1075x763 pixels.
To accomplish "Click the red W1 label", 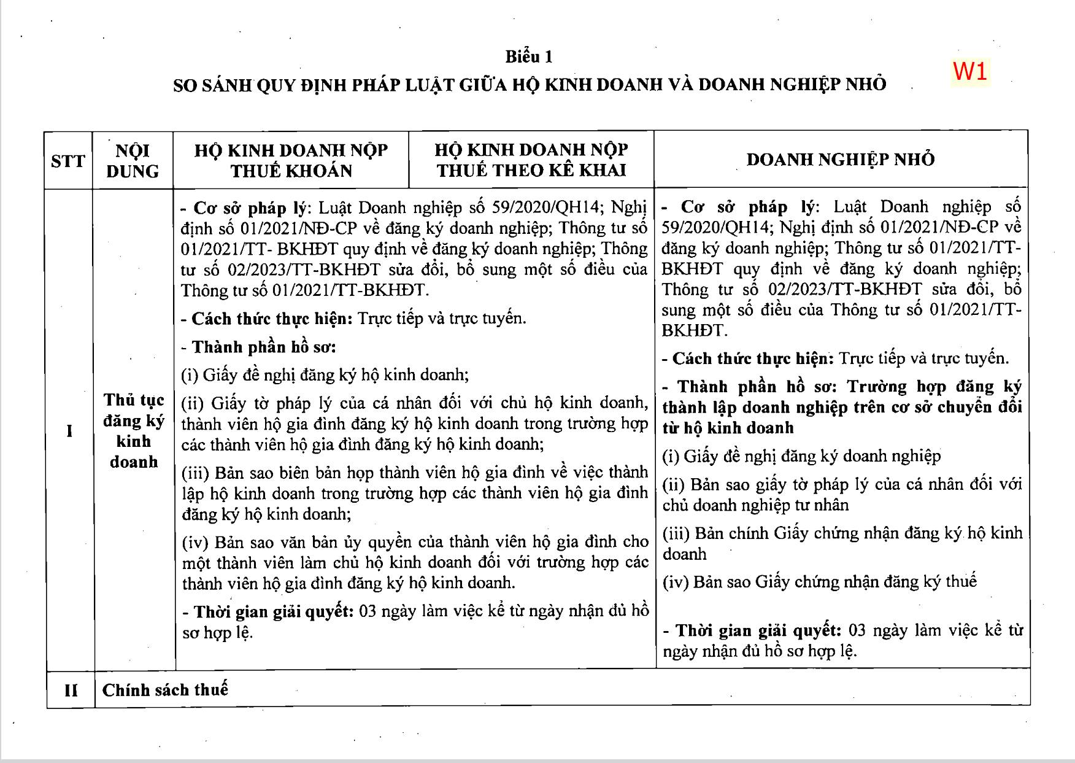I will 970,71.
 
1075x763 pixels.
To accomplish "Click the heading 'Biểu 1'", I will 529,57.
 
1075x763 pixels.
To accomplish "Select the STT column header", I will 68,161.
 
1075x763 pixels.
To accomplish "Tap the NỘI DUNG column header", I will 133,160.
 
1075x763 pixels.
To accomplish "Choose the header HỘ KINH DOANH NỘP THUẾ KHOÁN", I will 291,160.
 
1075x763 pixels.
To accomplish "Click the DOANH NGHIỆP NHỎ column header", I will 841,160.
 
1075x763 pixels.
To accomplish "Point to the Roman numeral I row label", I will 69,431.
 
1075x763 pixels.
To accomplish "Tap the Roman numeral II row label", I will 71,690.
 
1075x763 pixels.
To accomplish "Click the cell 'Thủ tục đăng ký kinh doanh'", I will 134,431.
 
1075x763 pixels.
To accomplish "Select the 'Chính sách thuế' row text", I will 165,690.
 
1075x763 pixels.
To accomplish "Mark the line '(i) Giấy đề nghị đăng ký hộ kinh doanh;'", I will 325,375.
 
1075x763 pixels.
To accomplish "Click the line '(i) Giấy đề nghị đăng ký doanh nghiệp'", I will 801,456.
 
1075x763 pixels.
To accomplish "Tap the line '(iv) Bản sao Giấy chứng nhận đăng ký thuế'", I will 820,581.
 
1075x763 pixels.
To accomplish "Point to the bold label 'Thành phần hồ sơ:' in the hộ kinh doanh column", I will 264,347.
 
